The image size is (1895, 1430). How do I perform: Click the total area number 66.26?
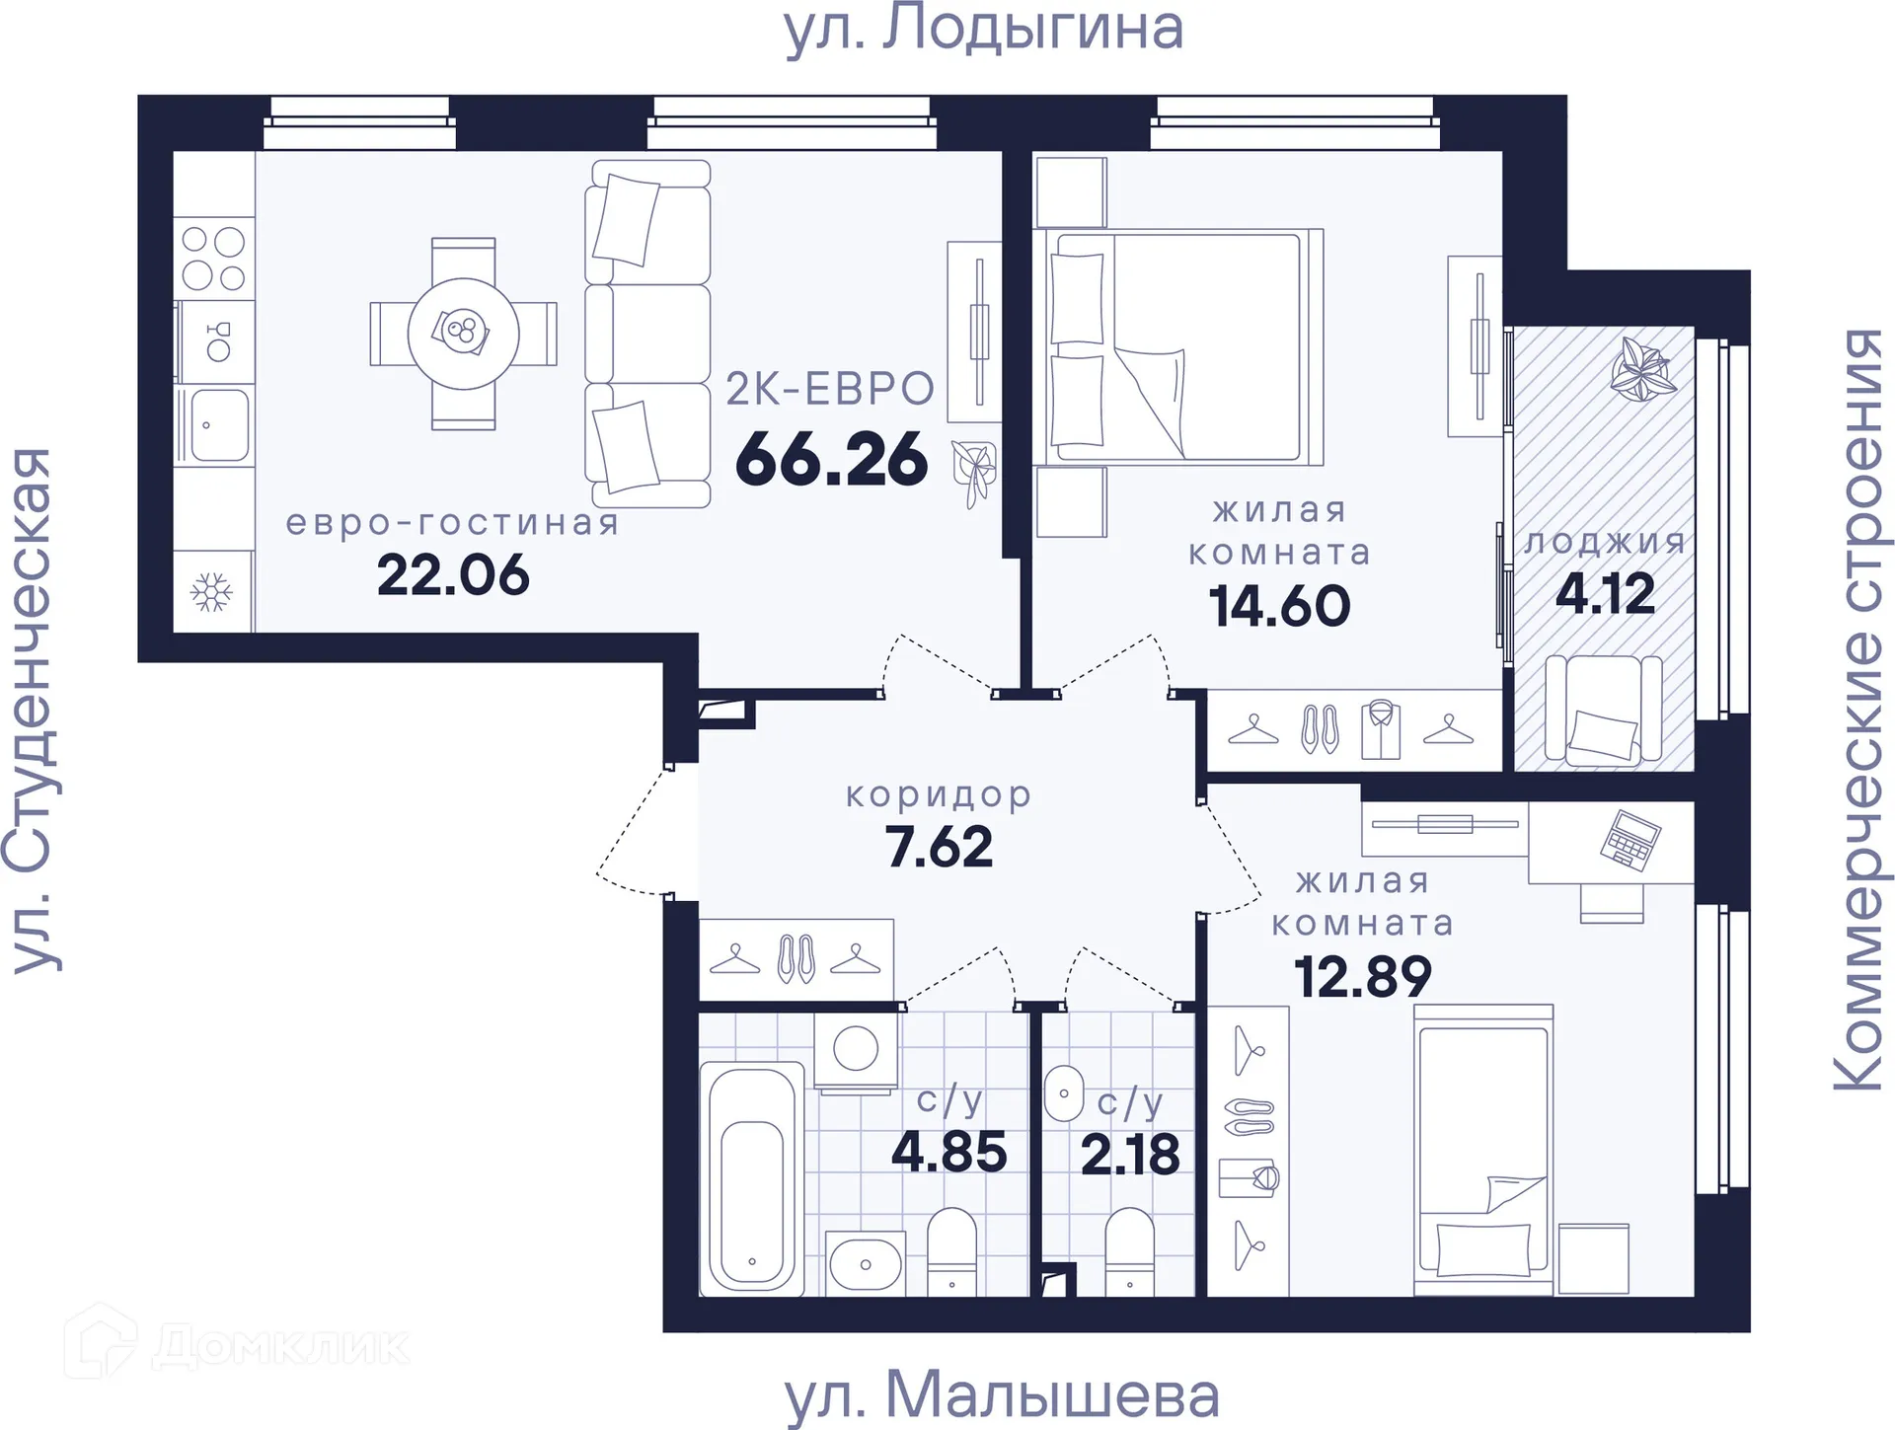831,460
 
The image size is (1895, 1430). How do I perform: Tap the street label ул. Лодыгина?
983,30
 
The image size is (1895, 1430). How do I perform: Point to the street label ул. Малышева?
1001,1394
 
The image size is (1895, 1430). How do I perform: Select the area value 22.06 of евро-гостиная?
453,575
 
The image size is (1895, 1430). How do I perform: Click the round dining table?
463,334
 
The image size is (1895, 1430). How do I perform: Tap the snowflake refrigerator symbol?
211,592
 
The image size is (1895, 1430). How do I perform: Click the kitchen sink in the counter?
218,425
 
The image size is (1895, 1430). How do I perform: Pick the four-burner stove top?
213,259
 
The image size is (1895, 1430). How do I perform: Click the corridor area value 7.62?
939,847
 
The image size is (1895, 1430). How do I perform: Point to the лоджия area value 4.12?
1605,594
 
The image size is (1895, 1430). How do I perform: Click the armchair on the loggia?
1603,711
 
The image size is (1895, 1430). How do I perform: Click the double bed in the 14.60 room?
1179,346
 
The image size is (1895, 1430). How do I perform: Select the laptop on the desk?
1630,840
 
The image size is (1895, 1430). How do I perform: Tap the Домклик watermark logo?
237,1344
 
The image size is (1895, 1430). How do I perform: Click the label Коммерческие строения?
1858,711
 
